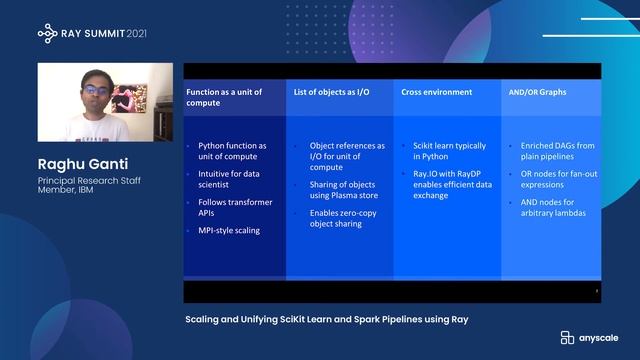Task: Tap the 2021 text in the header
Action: click(157, 33)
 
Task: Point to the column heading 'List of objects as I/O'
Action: click(331, 92)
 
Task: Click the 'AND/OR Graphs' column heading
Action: click(537, 92)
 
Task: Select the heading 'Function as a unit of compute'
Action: click(224, 98)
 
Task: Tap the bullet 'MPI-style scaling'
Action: click(229, 231)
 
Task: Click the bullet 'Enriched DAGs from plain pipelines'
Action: click(556, 151)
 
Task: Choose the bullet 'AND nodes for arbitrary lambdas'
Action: click(552, 206)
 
